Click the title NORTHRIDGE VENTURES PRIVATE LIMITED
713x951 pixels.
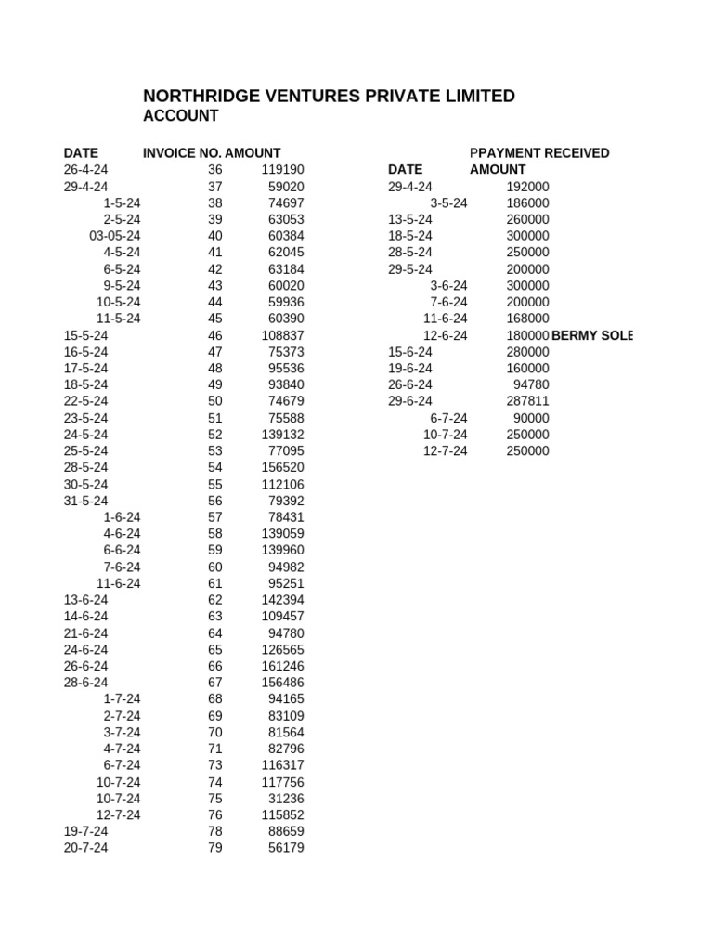coord(329,97)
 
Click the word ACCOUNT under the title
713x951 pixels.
coord(181,116)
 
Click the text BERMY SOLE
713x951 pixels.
coord(591,335)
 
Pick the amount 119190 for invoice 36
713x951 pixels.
coord(283,170)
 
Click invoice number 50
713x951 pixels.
coord(215,402)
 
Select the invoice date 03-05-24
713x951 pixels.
coord(115,236)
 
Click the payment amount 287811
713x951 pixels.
coord(527,402)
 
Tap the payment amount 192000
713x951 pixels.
coord(527,187)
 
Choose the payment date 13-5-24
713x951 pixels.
coord(410,219)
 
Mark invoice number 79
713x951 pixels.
coord(215,848)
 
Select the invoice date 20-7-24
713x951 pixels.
coord(86,848)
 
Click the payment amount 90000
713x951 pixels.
coord(531,419)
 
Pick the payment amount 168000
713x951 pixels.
coord(527,319)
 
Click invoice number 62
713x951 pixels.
coord(215,600)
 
